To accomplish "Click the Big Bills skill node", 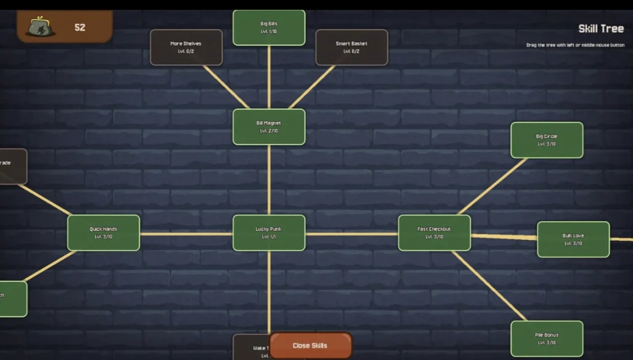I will pos(269,28).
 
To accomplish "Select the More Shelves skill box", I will pos(186,47).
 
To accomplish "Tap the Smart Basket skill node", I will pos(352,47).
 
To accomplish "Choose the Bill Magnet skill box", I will pos(269,126).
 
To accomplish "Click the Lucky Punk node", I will pos(269,232).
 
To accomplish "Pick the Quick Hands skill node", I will pos(104,232).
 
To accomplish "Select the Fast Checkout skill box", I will pos(434,232).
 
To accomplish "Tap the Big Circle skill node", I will pos(547,140).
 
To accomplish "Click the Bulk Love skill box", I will pos(573,239).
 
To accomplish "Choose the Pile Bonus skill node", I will pos(547,338).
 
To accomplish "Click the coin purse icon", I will pos(41,27).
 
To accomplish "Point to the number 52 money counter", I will pos(80,27).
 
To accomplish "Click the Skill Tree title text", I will pos(601,29).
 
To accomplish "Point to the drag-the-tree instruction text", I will pos(575,45).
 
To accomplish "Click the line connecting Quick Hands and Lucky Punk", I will pos(186,234).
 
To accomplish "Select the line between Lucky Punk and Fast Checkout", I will pos(352,234).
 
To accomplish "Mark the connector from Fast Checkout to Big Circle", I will pos(491,186).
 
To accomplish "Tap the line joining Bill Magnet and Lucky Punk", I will pos(269,179).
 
